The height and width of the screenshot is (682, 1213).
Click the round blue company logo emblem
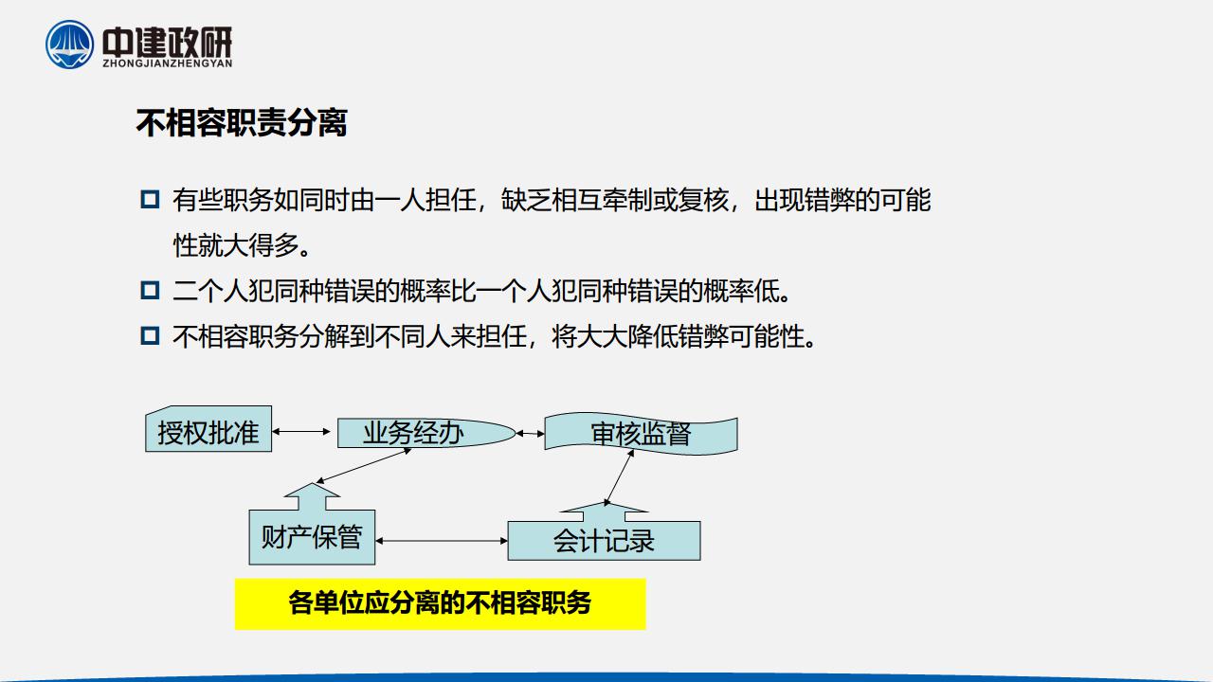click(x=70, y=45)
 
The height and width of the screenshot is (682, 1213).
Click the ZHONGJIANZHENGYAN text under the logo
click(x=168, y=63)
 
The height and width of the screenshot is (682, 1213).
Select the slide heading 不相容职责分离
click(x=242, y=123)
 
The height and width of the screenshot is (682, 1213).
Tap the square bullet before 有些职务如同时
click(x=150, y=199)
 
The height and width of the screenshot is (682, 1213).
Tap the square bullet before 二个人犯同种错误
click(x=150, y=290)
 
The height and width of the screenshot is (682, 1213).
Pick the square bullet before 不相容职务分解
click(x=150, y=335)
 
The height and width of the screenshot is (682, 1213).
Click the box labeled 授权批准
click(x=208, y=429)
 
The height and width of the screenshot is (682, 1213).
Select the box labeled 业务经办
click(x=426, y=433)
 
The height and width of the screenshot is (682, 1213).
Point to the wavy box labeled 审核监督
click(x=642, y=434)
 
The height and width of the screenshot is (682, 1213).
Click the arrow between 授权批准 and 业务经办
click(x=301, y=431)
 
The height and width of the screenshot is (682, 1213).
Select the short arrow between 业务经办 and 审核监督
click(x=530, y=434)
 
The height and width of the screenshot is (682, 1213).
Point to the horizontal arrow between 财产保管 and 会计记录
click(x=442, y=541)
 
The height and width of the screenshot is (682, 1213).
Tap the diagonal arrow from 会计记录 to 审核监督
click(x=619, y=477)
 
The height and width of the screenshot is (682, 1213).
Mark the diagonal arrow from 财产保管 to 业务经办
click(x=364, y=465)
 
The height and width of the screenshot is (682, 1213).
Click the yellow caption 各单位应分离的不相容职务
click(x=440, y=603)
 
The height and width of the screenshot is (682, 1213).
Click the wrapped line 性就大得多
click(x=242, y=245)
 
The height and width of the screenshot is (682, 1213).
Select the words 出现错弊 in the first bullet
click(x=805, y=200)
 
